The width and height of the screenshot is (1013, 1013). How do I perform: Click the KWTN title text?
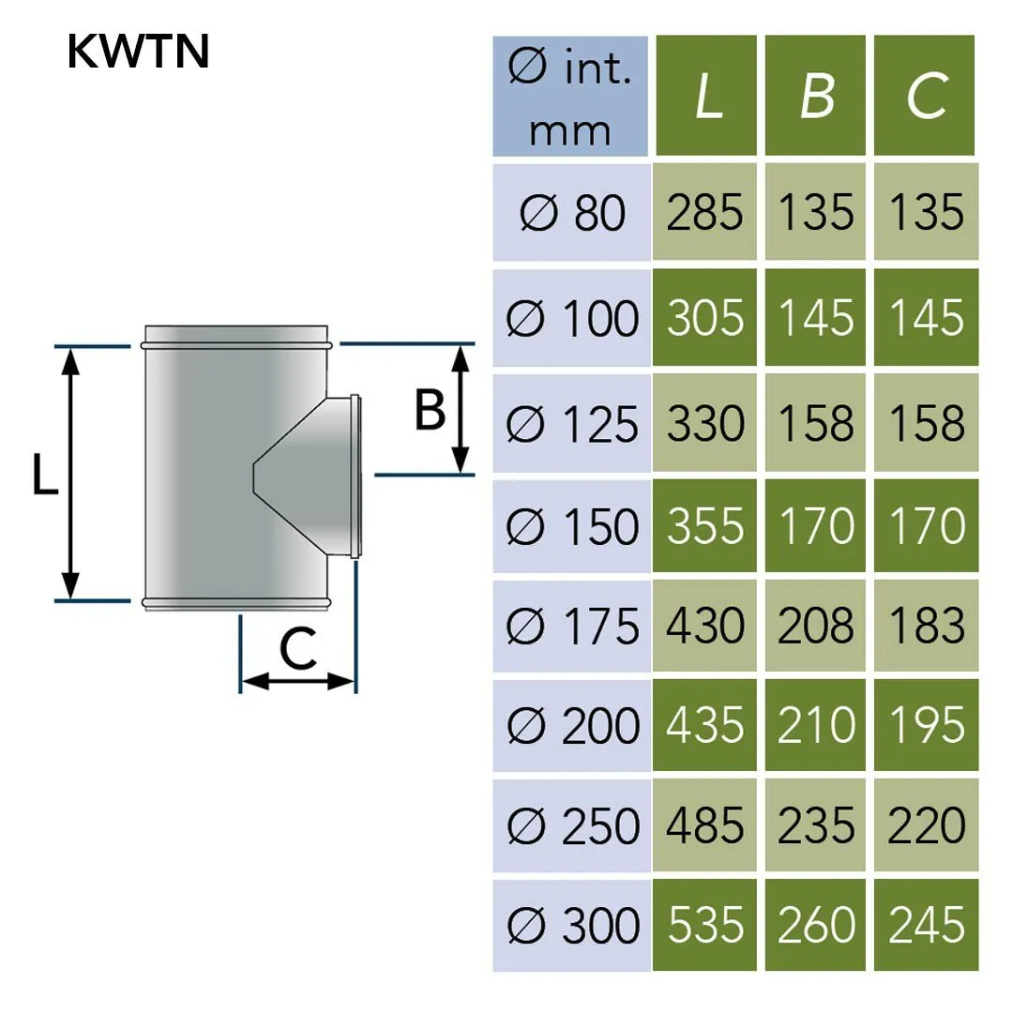tap(137, 53)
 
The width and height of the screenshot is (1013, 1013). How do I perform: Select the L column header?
tap(706, 96)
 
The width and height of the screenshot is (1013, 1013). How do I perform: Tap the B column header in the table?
tap(816, 96)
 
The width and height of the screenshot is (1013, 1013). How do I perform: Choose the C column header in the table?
tap(926, 96)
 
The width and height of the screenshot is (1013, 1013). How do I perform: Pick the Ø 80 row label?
tap(571, 213)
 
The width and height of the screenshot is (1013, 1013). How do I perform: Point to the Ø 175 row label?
tap(571, 626)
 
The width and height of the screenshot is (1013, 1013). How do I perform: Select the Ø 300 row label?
tap(571, 926)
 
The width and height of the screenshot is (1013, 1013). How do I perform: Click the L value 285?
tap(706, 213)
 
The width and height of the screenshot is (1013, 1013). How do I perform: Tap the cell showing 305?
tap(706, 318)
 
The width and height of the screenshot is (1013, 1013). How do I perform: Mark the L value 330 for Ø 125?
tap(706, 424)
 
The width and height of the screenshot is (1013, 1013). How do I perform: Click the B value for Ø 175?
tap(816, 626)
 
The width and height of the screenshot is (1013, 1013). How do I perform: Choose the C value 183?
tap(926, 626)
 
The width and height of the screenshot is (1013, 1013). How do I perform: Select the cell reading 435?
tap(706, 726)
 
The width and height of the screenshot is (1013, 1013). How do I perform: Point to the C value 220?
tap(926, 826)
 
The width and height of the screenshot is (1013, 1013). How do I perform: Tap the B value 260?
tap(816, 926)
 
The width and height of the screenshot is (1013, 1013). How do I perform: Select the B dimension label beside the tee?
tap(430, 410)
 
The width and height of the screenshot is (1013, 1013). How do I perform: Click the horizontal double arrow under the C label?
tap(298, 682)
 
